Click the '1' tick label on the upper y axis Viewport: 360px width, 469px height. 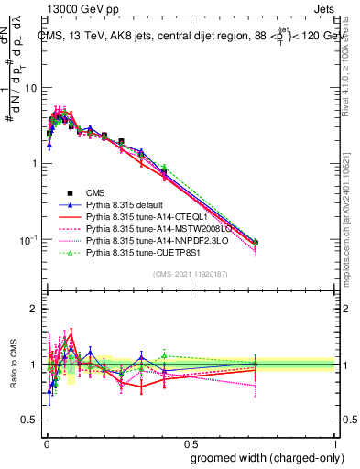coord(34,164)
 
